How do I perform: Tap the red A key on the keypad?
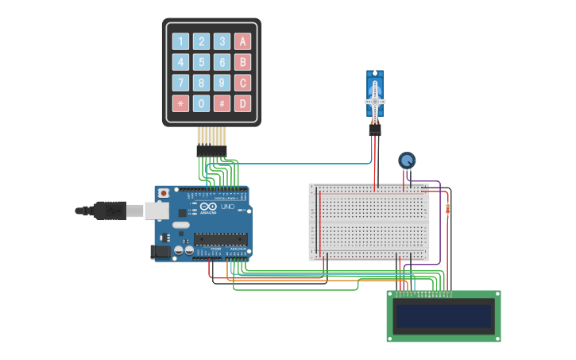[x=242, y=41]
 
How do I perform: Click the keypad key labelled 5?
[x=202, y=62]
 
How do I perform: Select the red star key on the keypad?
[x=181, y=103]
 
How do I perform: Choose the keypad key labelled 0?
[x=202, y=103]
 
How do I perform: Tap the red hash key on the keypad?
[x=222, y=103]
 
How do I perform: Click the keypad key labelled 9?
[x=222, y=83]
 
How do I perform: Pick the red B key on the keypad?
[x=242, y=62]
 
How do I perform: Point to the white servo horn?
[x=375, y=100]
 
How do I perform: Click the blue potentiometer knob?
[x=407, y=161]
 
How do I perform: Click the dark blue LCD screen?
[x=443, y=316]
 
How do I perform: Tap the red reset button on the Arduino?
[x=164, y=192]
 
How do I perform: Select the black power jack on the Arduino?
[x=159, y=251]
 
